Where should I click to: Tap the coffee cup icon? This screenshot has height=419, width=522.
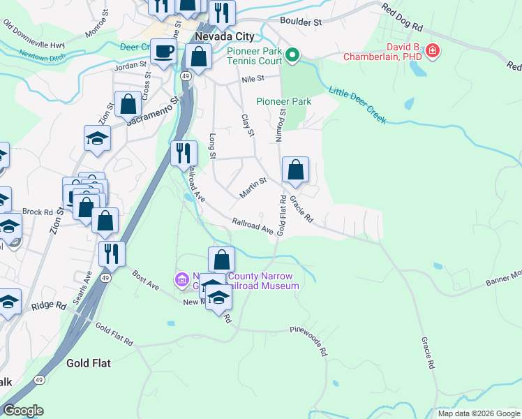[x=163, y=52]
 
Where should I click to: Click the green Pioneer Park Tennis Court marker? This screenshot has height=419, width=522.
[x=293, y=54]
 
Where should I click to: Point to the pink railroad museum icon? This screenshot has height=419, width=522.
[x=183, y=280]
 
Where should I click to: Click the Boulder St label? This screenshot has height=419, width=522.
[x=301, y=22]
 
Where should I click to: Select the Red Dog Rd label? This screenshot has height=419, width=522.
[x=403, y=18]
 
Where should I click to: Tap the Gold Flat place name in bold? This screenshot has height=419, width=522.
[x=89, y=363]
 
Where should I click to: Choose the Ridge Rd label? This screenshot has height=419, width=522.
[x=48, y=305]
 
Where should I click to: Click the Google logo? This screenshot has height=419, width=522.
[x=23, y=410]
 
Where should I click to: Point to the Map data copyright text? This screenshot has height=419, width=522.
[x=479, y=413]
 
